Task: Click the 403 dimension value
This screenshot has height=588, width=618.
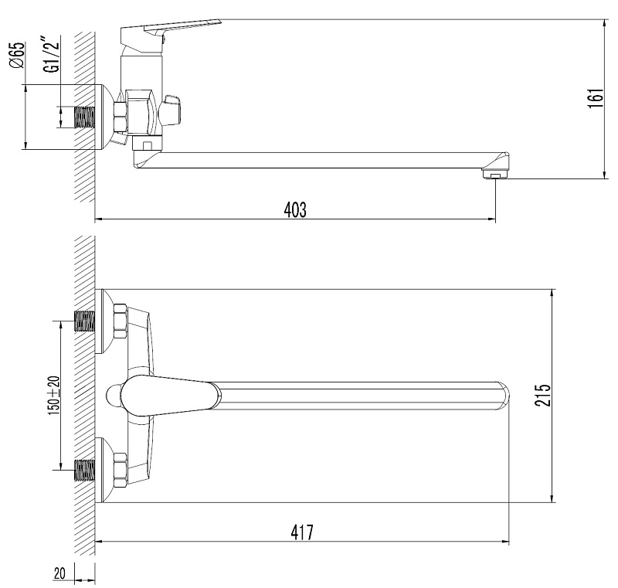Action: [x=295, y=209]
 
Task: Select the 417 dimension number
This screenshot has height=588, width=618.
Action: [x=302, y=532]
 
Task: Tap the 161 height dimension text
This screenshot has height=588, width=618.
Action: [x=596, y=99]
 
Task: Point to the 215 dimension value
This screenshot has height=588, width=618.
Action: [x=542, y=396]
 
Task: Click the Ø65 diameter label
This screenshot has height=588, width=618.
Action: [x=18, y=55]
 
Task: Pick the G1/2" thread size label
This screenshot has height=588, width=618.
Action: [x=53, y=54]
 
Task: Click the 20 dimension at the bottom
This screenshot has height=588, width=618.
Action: [x=59, y=573]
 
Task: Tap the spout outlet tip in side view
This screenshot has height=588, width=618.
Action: [x=495, y=173]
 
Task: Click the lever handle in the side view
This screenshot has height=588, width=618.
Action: [x=169, y=32]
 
